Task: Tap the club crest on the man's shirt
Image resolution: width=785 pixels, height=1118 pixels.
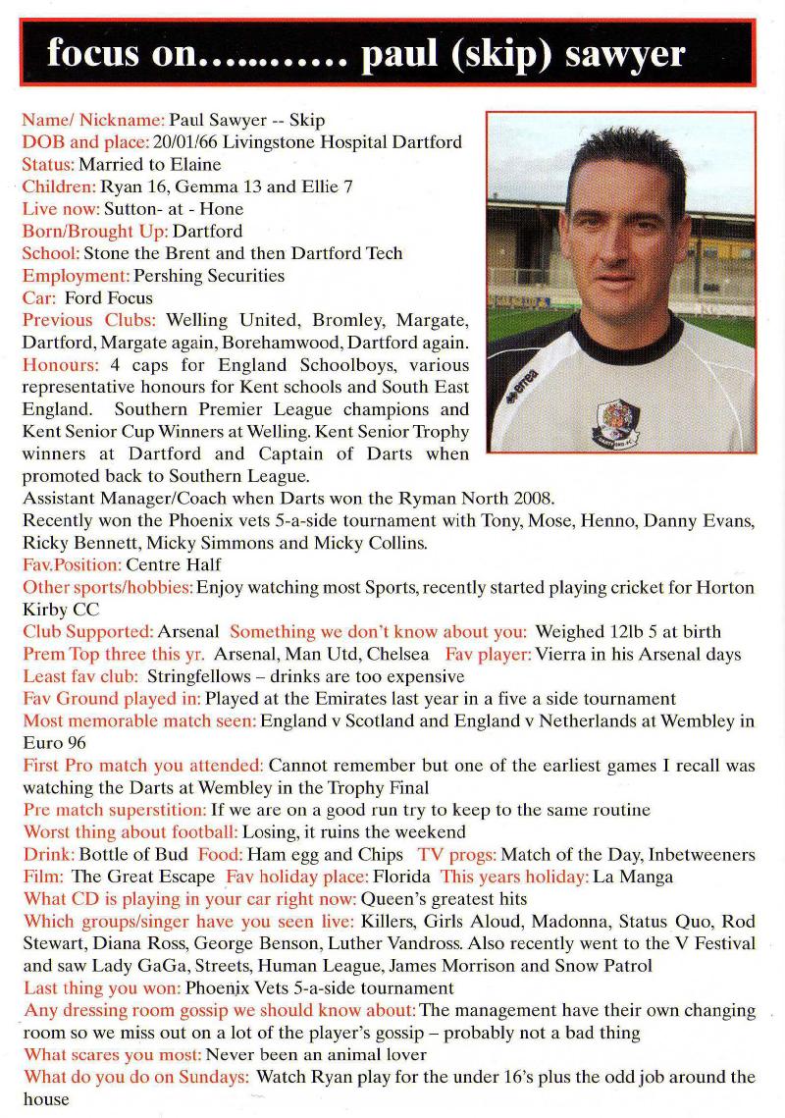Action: coord(616,419)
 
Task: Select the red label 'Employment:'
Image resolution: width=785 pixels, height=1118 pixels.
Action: coord(76,276)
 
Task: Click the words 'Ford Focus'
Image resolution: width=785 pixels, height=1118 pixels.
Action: coord(109,298)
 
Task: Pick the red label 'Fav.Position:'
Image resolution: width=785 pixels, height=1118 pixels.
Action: coord(72,565)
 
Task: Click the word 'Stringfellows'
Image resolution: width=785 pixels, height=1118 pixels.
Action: coord(196,677)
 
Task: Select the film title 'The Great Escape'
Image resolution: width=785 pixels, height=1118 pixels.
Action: coord(143,878)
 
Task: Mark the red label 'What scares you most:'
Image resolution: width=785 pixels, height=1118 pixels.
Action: coord(112,1055)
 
